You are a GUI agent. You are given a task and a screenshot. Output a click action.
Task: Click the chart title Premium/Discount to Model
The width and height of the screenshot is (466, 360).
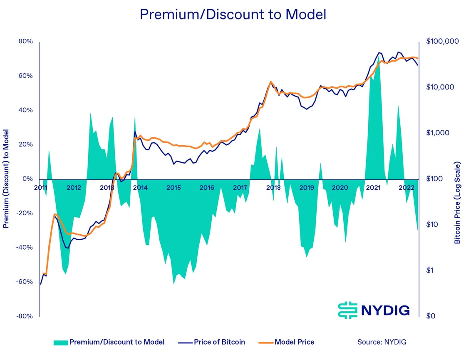click(233, 15)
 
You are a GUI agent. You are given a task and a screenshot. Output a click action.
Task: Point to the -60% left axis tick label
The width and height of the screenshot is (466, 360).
click(25, 282)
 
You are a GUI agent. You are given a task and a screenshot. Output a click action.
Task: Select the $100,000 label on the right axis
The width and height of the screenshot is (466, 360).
click(442, 42)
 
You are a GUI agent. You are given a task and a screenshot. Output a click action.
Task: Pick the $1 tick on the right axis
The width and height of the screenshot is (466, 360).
click(431, 271)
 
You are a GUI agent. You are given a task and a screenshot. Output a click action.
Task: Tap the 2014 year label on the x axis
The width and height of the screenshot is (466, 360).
click(140, 188)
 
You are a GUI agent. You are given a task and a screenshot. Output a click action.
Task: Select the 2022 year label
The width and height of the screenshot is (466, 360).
click(407, 188)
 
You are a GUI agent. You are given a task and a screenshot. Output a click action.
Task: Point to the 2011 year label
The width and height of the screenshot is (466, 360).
click(41, 188)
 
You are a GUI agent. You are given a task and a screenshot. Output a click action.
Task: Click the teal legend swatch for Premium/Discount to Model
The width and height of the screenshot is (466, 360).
click(60, 343)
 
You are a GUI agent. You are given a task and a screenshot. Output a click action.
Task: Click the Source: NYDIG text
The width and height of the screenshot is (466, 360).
click(382, 342)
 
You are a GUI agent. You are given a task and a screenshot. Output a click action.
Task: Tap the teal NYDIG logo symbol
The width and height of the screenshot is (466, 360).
click(348, 310)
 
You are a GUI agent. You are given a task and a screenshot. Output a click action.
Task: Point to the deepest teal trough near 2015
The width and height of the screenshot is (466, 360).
click(174, 284)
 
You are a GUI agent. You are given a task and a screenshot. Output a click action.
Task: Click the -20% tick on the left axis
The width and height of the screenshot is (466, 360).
click(25, 213)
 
